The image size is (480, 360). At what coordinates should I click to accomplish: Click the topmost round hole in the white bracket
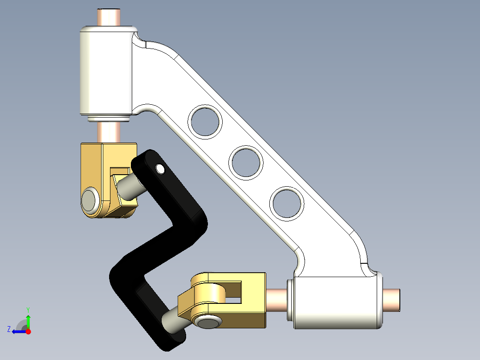[x=205, y=121]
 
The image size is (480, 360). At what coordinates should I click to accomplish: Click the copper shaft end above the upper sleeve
[x=110, y=17]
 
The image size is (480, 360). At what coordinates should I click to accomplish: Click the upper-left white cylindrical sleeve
[x=105, y=71]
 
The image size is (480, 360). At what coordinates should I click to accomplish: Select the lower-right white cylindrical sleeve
[x=336, y=302]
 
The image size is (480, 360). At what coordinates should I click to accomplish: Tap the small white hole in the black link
[x=160, y=168]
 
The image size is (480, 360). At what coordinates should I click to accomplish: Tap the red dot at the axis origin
[x=28, y=331]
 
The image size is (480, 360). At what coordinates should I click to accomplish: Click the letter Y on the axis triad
[x=28, y=309]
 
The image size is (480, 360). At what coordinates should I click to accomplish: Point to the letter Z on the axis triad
[x=8, y=329]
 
